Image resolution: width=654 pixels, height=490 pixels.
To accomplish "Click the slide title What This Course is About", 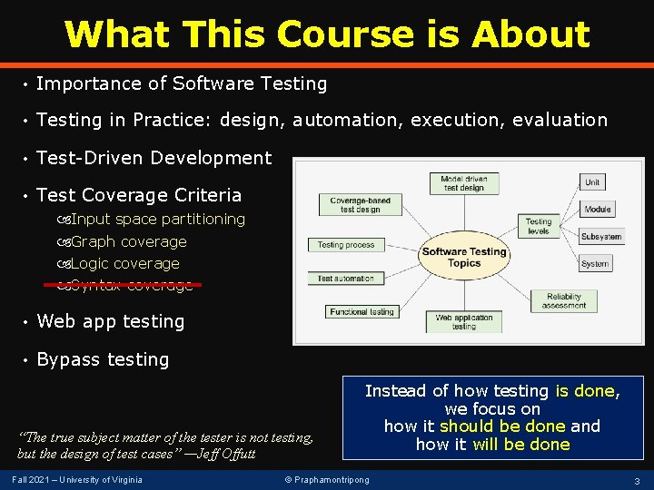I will click(327, 34).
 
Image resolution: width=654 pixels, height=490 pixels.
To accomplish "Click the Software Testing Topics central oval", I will click(464, 257).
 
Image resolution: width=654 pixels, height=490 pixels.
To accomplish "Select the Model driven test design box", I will click(463, 182).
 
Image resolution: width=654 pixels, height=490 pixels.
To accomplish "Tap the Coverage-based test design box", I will click(361, 204).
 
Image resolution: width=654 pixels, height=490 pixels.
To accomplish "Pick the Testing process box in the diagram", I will click(346, 245).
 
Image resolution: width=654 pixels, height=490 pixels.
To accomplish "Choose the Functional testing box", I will click(362, 312).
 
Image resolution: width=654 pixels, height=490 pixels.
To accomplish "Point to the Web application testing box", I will click(463, 321).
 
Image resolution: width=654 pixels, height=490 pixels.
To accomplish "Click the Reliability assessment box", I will click(564, 301).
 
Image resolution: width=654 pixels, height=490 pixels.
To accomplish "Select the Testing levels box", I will click(539, 226).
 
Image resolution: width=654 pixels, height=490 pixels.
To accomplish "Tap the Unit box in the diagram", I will click(592, 182).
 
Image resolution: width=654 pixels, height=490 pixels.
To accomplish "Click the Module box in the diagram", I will click(598, 210).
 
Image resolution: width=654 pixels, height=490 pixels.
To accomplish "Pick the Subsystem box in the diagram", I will click(601, 237).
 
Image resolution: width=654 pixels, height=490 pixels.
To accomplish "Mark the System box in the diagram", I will click(595, 264).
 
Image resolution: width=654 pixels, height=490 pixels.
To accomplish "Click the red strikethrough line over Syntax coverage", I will click(123, 284).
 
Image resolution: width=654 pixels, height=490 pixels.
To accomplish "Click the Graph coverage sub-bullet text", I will click(128, 241).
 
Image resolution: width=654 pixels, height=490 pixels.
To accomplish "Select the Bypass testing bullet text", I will click(103, 359).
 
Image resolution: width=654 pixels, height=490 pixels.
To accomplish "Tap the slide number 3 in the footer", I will click(637, 480).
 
